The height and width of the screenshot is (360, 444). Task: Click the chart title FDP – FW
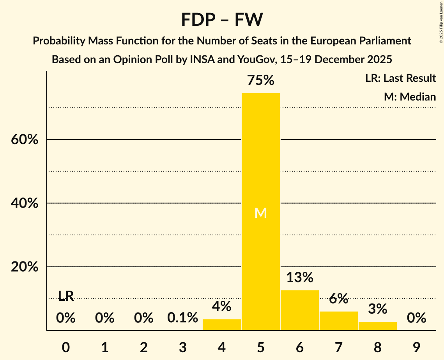click(222, 19)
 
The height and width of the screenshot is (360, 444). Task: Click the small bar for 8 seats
click(377, 326)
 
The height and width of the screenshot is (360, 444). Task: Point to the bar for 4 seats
click(222, 325)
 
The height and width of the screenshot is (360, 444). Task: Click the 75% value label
click(260, 81)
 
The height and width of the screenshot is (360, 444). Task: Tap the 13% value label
click(299, 278)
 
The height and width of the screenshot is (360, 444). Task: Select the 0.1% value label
click(182, 318)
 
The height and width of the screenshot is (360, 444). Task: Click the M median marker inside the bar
click(260, 213)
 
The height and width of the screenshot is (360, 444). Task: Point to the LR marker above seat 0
click(66, 296)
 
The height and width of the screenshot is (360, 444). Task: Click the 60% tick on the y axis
click(25, 139)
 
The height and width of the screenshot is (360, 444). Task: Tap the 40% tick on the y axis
click(25, 203)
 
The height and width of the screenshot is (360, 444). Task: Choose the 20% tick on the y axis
click(25, 267)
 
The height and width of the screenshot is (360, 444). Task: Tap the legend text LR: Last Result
click(400, 78)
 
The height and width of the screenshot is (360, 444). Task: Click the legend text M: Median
click(410, 97)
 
